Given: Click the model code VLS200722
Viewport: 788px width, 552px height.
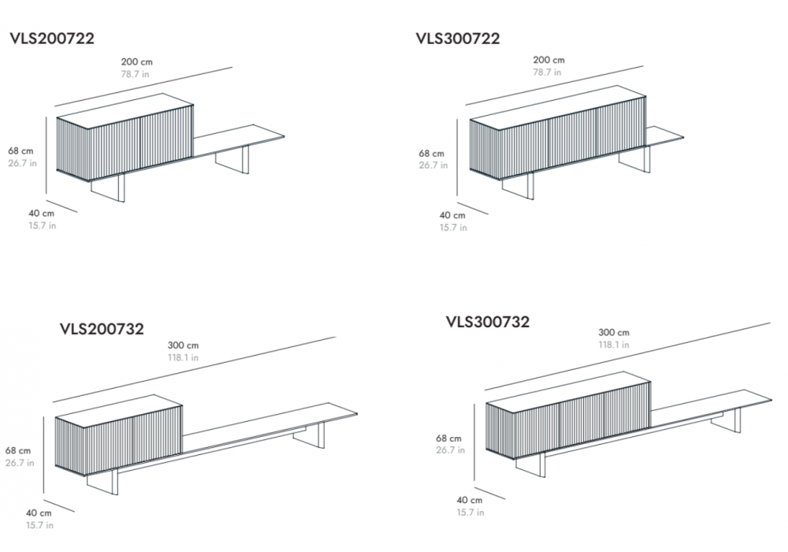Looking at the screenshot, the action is [52, 39].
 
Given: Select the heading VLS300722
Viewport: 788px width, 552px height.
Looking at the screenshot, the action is [458, 39].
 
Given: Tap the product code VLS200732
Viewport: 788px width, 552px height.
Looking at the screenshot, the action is [102, 329].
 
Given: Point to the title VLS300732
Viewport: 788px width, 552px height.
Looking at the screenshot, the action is [488, 322].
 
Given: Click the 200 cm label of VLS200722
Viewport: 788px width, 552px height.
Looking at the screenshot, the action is [136, 62].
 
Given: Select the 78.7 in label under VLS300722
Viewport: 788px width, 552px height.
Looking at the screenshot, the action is [548, 72].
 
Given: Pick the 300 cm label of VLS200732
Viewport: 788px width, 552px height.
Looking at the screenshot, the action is [183, 345].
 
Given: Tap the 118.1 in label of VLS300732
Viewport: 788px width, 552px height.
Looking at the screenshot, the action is [614, 345].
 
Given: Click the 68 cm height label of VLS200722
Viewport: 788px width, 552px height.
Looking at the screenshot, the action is [20, 151].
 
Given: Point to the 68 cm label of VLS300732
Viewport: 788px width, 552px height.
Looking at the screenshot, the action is [448, 438].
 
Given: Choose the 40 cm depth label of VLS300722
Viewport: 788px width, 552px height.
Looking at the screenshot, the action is [452, 215].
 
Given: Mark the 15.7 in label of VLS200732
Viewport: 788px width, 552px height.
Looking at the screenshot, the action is [39, 525].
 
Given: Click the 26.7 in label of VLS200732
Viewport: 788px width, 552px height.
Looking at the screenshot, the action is [20, 463].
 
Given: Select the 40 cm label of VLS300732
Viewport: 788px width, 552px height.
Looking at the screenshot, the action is [470, 500].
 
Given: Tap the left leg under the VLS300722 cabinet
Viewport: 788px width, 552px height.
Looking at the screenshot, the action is [518, 187].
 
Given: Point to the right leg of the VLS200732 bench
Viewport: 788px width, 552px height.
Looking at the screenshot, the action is [310, 435].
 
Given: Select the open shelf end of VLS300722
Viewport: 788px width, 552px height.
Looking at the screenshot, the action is [664, 136].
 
